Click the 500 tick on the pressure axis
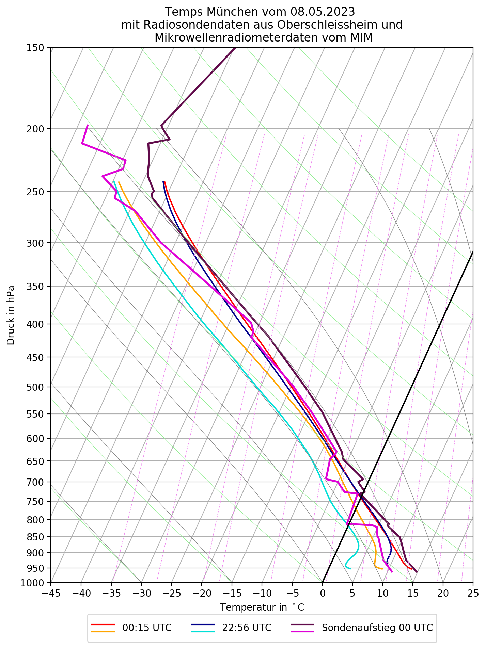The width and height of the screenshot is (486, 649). [35, 387]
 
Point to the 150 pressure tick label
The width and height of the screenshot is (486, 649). [35, 48]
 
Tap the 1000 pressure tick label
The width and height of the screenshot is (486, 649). [32, 583]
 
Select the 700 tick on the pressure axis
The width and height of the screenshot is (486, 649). [35, 482]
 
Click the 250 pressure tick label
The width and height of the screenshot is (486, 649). [35, 192]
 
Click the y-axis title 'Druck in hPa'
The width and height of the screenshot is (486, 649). [11, 315]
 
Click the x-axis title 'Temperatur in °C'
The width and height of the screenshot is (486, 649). [262, 607]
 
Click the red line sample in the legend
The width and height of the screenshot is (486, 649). [103, 624]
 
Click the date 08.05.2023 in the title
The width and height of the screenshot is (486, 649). [323, 12]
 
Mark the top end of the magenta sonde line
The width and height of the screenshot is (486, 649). [88, 125]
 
